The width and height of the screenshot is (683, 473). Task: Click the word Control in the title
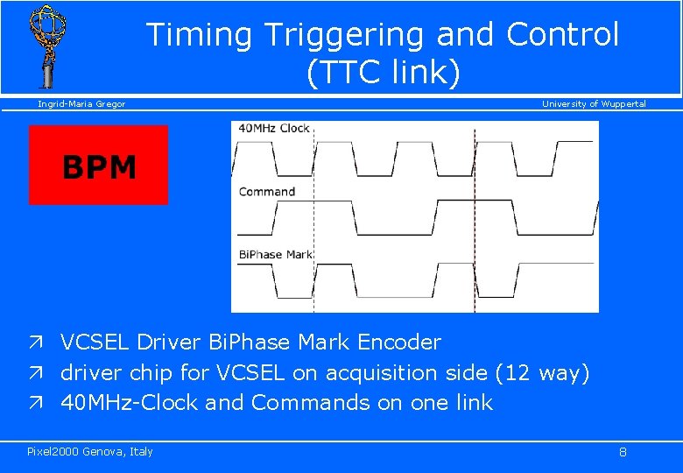click(562, 35)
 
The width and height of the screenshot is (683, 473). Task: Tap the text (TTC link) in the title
click(383, 73)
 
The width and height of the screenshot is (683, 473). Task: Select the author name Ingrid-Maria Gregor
click(81, 104)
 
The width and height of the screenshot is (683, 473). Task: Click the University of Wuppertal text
click(594, 104)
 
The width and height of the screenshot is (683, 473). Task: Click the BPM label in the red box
click(99, 167)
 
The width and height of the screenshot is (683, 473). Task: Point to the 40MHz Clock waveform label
click(274, 128)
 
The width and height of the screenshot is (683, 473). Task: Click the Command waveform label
click(267, 192)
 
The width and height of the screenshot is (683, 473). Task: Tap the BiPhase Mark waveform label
click(276, 255)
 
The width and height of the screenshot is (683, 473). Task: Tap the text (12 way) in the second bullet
click(543, 373)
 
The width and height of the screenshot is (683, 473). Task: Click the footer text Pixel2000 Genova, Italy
click(90, 452)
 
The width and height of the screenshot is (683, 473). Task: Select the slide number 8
click(623, 453)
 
